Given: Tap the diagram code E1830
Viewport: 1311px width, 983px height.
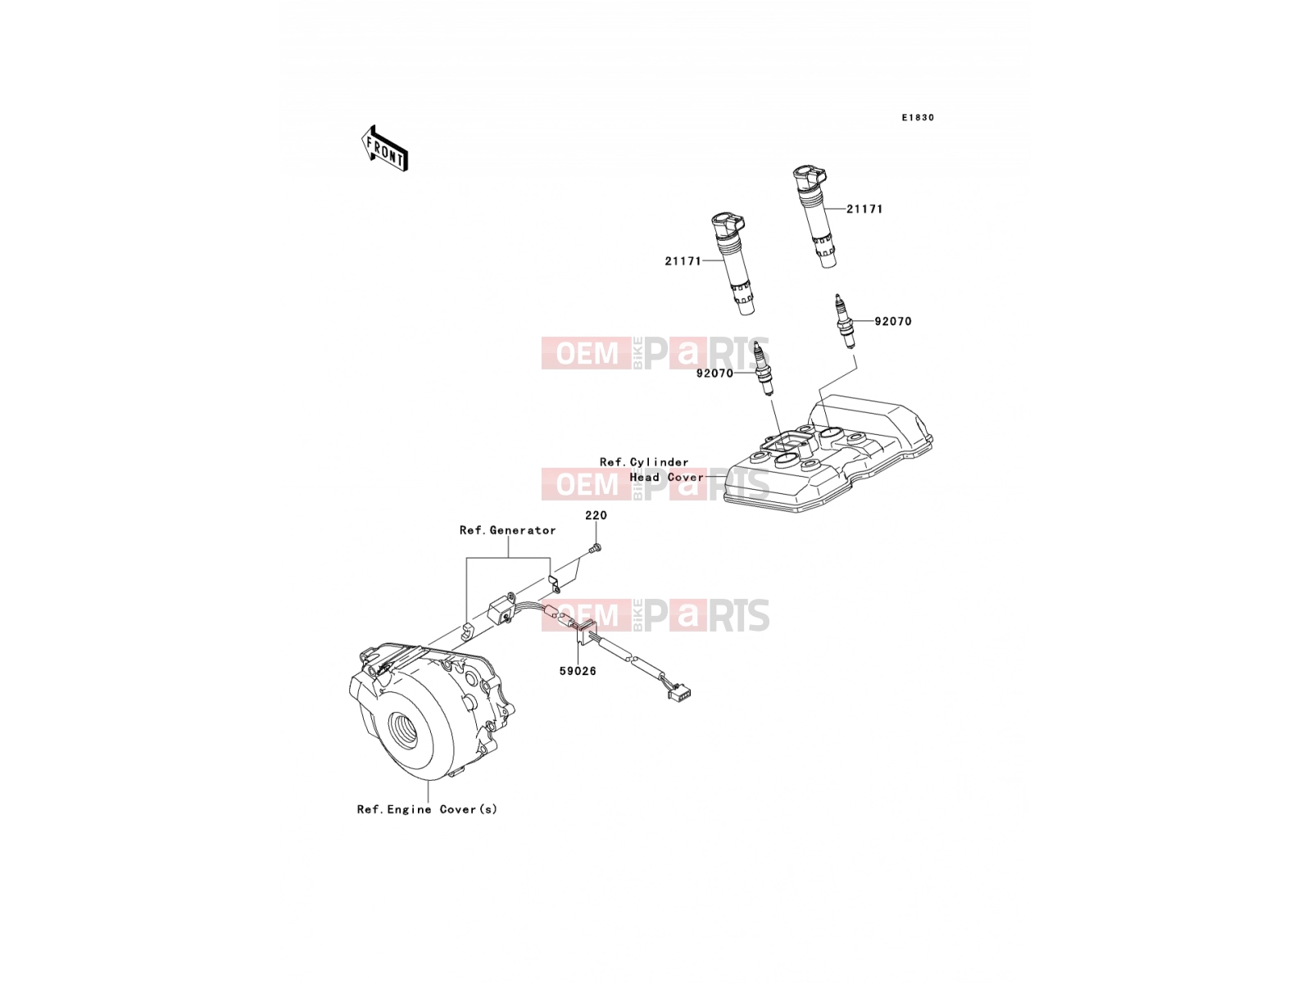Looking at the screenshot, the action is [x=918, y=118].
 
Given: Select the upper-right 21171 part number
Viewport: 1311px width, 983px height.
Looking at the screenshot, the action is [x=864, y=209].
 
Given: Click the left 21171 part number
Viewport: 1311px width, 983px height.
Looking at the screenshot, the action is [x=683, y=260].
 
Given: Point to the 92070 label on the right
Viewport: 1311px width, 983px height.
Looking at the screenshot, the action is [x=893, y=321].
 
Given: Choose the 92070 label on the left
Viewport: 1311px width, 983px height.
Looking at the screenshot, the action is [x=715, y=374].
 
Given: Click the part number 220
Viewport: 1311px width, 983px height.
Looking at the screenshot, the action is [x=596, y=515].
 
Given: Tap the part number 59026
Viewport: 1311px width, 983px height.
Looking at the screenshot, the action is [x=578, y=671].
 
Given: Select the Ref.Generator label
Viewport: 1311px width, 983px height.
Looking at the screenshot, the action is [x=508, y=530].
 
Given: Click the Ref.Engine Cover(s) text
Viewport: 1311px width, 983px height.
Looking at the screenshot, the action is [x=427, y=809].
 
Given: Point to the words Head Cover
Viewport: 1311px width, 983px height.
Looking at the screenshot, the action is [x=666, y=477].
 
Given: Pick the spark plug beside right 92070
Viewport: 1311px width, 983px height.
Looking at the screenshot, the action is [x=845, y=320].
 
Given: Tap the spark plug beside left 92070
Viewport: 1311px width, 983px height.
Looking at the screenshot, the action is [x=764, y=368].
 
